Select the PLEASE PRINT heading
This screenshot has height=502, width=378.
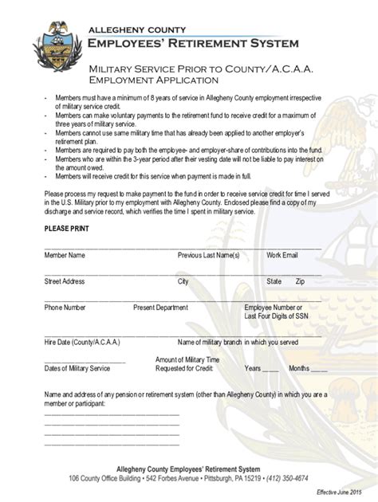66,229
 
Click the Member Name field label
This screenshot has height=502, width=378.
65,255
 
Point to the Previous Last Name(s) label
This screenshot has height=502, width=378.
208,255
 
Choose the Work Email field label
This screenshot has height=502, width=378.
282,255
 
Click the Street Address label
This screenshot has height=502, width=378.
65,281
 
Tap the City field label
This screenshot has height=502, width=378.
183,281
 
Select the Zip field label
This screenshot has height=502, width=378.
300,281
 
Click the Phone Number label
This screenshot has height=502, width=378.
65,307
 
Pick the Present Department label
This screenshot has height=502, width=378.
160,307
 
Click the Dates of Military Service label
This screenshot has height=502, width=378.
77,368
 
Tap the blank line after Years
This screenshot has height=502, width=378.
271,369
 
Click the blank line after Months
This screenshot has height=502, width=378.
319,369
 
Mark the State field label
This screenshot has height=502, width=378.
274,281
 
